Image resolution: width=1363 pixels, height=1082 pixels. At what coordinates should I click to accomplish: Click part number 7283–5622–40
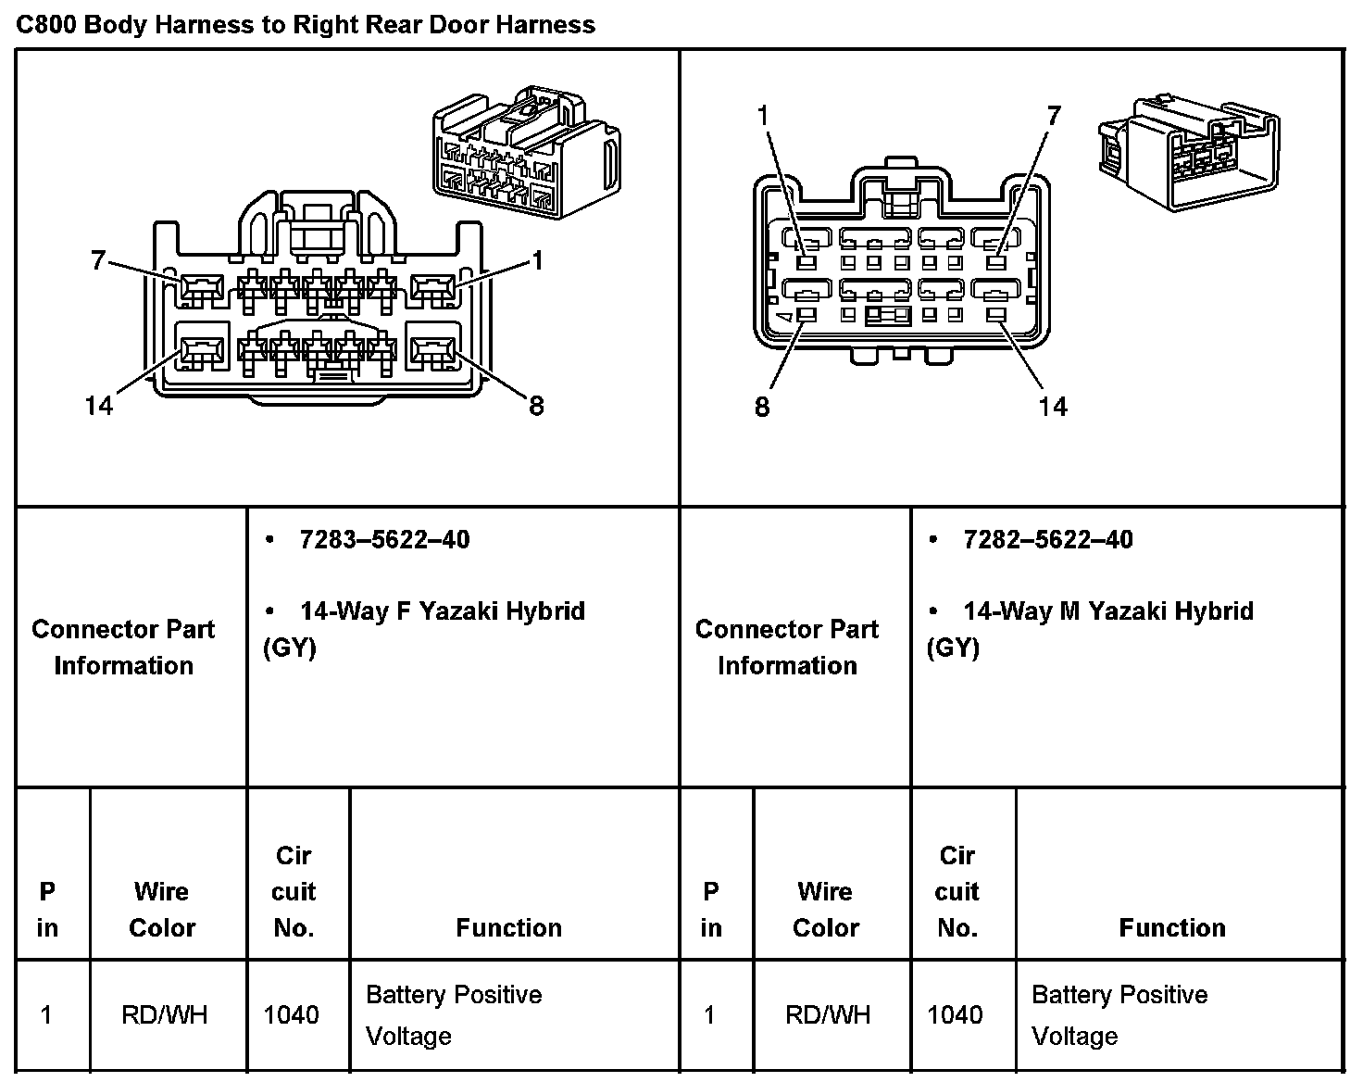tap(383, 539)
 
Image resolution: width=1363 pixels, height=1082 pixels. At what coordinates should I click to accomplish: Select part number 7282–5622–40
tap(1047, 539)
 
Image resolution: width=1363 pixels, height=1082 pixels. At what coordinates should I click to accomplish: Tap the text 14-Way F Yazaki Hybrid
tap(442, 611)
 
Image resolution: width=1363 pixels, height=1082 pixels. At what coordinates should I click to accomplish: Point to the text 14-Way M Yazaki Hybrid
tap(1107, 611)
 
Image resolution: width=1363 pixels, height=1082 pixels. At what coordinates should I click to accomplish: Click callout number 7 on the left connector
tap(98, 261)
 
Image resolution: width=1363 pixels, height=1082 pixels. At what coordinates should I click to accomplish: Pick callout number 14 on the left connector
tap(98, 406)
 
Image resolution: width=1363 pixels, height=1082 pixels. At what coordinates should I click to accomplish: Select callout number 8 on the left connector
tap(536, 406)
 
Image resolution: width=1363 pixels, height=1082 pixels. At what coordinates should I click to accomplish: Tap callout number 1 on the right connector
tap(763, 116)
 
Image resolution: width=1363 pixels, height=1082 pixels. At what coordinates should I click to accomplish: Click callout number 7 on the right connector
tap(1054, 116)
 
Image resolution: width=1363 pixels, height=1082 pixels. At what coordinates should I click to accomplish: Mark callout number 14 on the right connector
tap(1053, 407)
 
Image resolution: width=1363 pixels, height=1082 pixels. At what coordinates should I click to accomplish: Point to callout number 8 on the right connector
tap(762, 407)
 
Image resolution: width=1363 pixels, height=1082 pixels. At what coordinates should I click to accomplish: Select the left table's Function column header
tap(508, 927)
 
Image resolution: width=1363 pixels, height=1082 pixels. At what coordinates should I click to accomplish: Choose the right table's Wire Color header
tap(825, 909)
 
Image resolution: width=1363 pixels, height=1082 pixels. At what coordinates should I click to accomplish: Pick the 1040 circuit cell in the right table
tap(955, 1014)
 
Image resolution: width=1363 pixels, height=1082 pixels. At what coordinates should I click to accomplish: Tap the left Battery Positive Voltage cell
tap(454, 1014)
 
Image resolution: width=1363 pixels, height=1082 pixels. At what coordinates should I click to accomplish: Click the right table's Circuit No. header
tap(957, 891)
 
